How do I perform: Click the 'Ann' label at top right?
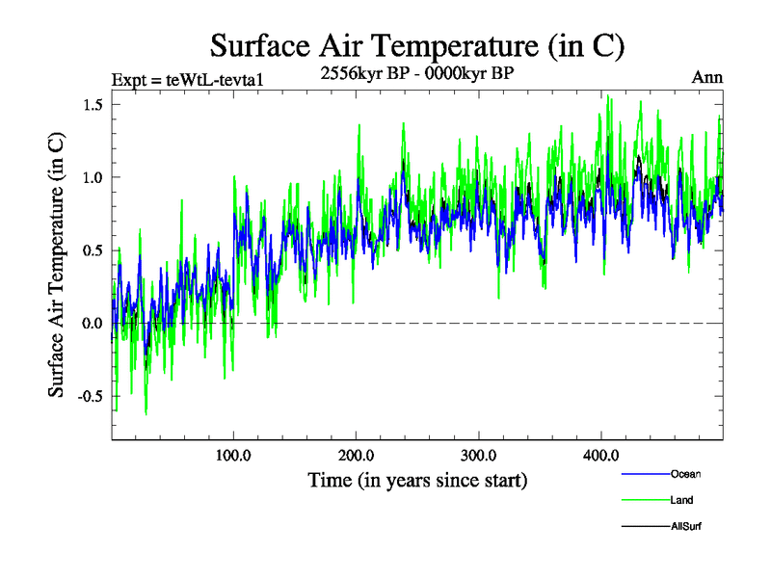[706, 77]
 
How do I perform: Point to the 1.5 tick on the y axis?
[93, 104]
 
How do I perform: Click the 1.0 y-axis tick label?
[93, 177]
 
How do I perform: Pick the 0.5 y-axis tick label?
[93, 250]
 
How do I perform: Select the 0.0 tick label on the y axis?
[93, 323]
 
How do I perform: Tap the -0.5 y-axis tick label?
[91, 396]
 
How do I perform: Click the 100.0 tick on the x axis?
[234, 455]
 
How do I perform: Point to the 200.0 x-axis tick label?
[357, 455]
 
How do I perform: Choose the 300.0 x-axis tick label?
[479, 455]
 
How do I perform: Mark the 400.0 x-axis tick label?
[601, 455]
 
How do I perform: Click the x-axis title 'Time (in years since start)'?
[417, 480]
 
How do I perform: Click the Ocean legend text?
[685, 474]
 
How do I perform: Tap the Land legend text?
[681, 500]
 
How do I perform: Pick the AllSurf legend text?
[685, 527]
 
